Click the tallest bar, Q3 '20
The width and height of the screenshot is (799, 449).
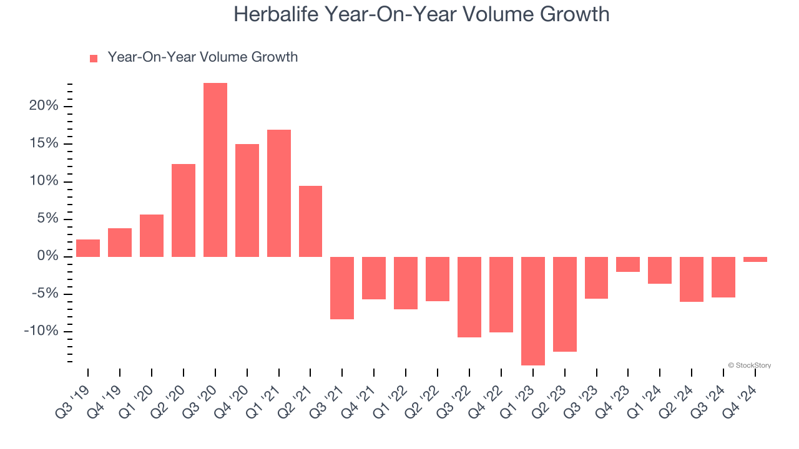click(x=215, y=170)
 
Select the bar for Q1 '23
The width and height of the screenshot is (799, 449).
click(x=533, y=311)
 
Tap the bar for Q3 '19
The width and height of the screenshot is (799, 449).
click(x=88, y=248)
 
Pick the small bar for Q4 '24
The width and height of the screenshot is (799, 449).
click(x=755, y=259)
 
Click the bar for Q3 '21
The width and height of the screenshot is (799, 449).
click(x=342, y=287)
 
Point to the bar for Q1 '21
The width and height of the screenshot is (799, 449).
click(x=279, y=193)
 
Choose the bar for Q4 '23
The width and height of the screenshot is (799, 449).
click(x=628, y=264)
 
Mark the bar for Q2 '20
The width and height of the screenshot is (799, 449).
click(x=184, y=210)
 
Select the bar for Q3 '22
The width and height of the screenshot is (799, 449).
click(x=469, y=297)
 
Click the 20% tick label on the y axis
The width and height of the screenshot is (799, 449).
click(x=43, y=106)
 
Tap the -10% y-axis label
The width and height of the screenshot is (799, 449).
click(x=41, y=331)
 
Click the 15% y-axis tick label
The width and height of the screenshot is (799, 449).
click(x=43, y=143)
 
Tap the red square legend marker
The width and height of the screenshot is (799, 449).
click(x=94, y=59)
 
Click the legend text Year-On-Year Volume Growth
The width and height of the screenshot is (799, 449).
click(x=202, y=57)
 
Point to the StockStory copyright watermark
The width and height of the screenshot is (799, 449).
click(x=749, y=365)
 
